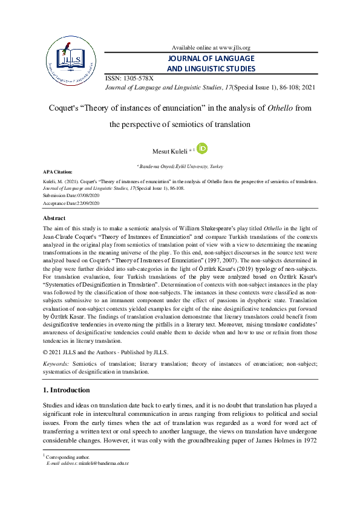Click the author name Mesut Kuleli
[174, 150]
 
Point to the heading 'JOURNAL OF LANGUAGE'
[211, 59]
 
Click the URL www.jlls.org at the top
[229, 48]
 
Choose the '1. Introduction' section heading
[67, 391]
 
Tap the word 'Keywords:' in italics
[57, 365]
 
